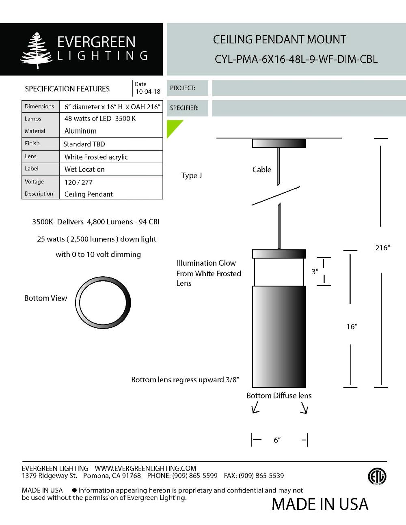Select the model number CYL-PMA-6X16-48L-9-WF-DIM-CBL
(x=296, y=59)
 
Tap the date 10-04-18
(x=148, y=92)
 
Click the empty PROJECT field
(x=309, y=88)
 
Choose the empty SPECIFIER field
(x=309, y=108)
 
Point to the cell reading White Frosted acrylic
(x=96, y=157)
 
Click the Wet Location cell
(x=84, y=169)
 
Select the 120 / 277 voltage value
(x=78, y=182)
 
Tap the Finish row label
(x=32, y=143)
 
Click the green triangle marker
(x=172, y=126)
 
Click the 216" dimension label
(x=382, y=248)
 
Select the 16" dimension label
(x=352, y=327)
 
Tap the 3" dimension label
(x=315, y=271)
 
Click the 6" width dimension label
(x=277, y=440)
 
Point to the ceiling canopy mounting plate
(x=279, y=143)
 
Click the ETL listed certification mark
(x=377, y=476)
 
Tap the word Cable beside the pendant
(x=261, y=170)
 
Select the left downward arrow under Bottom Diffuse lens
(x=255, y=407)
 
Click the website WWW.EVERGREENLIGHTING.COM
(x=145, y=468)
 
